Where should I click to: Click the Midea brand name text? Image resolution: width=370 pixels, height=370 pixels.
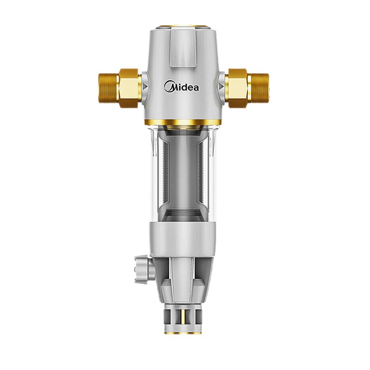181,86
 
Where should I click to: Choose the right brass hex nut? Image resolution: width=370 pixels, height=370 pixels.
237,88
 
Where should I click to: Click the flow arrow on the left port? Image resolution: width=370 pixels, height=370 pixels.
145,87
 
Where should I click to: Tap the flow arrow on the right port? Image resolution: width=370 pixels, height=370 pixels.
221,86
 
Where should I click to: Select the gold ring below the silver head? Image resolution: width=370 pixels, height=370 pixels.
183,122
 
